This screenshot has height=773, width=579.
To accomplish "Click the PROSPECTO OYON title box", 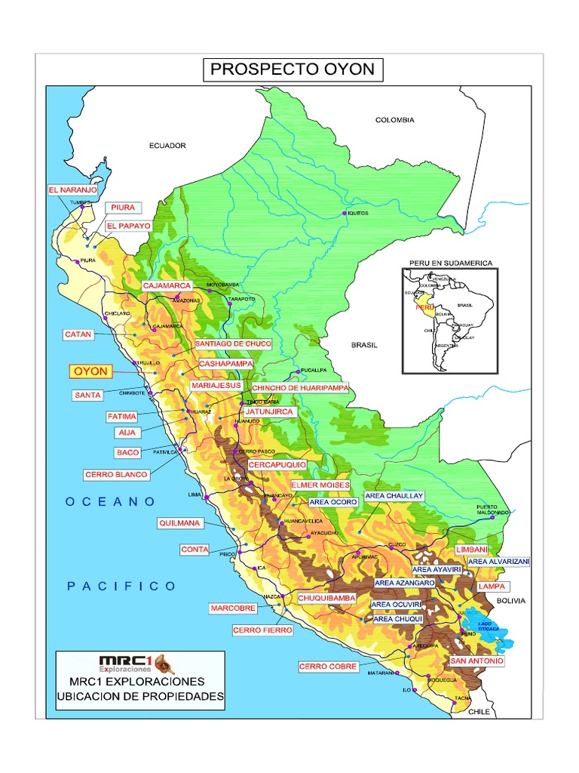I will [293, 71].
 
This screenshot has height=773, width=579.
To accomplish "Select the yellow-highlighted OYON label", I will [90, 371].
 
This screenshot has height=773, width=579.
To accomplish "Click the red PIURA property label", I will [122, 207].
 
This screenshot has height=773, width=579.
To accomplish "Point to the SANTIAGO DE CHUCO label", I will [233, 343].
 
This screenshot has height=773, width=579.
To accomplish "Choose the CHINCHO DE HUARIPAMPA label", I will [300, 387].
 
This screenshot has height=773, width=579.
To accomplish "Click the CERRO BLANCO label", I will [117, 475].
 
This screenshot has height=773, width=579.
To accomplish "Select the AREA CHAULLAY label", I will [394, 496].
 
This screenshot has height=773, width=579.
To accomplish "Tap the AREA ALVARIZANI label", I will [499, 562].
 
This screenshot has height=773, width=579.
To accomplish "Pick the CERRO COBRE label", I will [322, 667].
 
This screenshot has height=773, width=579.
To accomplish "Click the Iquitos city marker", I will [345, 214].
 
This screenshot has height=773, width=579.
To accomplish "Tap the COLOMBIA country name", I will [395, 120].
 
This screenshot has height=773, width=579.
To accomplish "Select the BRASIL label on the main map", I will [363, 344].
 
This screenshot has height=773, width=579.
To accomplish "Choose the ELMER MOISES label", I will [320, 484].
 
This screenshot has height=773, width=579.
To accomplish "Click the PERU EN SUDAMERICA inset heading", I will [450, 263].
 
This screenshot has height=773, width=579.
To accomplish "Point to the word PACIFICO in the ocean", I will [121, 585].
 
